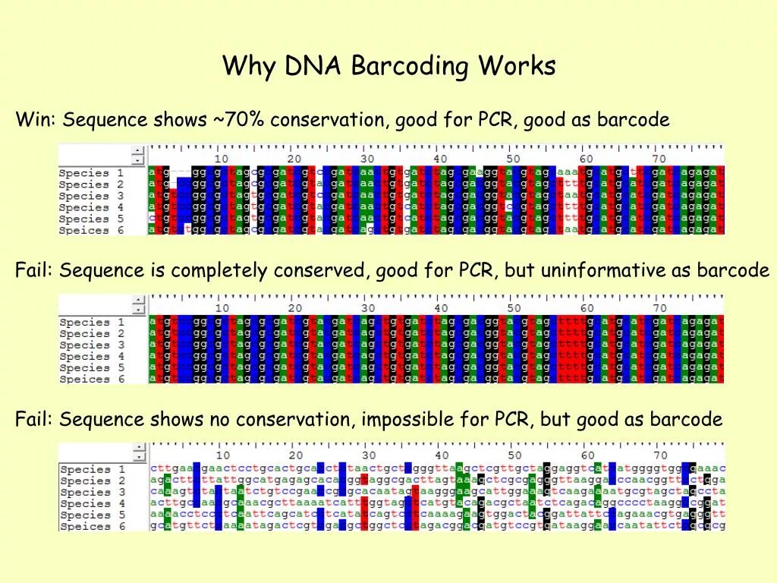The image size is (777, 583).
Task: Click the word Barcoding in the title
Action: (410, 67)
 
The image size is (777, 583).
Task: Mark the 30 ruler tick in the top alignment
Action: (367, 159)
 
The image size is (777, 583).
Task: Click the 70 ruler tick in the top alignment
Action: (658, 159)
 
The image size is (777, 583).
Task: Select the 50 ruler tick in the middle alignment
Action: (513, 308)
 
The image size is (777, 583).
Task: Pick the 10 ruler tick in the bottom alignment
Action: (222, 455)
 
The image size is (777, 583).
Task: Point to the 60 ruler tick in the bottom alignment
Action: (586, 455)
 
